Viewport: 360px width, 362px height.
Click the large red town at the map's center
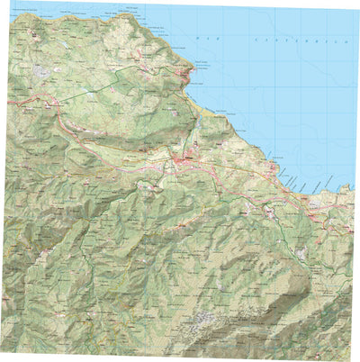tap(185, 162)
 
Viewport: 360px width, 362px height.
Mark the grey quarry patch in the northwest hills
tap(40, 70)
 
